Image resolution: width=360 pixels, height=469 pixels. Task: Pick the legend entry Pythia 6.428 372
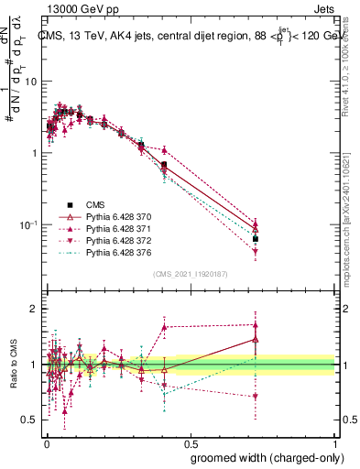point(116,240)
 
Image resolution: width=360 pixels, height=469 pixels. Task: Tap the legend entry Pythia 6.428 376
point(116,252)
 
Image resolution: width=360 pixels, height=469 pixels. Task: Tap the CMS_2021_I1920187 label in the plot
point(191,274)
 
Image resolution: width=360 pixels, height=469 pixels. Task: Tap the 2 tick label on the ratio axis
point(38,309)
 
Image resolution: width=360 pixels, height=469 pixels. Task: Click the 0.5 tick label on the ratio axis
point(33,420)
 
